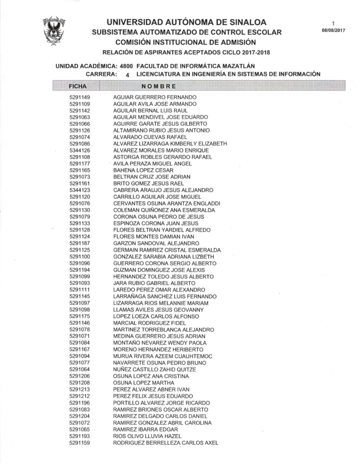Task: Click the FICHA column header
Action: point(78,86)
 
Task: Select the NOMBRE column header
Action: point(159,86)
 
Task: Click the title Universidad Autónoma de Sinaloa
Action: point(187,22)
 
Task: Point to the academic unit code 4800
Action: point(126,66)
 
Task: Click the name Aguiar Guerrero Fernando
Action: point(155,97)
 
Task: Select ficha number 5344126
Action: point(80,150)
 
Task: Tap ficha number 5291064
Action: point(80,370)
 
